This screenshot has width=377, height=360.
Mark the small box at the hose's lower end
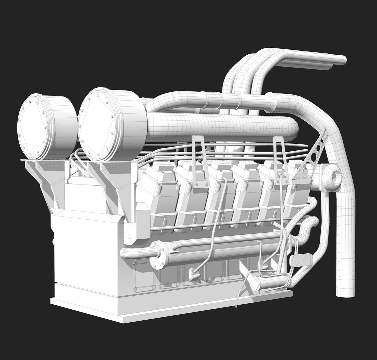[194, 274]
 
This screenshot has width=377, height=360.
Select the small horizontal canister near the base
[270, 282]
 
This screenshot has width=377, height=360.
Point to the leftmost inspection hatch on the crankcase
[144, 275]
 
